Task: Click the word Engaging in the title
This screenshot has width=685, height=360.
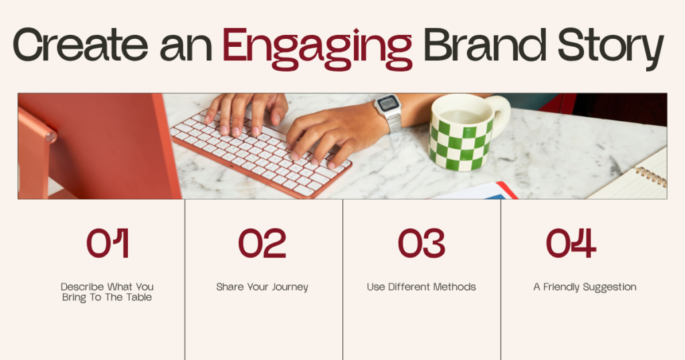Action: pyautogui.click(x=317, y=49)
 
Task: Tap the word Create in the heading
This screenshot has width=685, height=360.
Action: pyautogui.click(x=80, y=45)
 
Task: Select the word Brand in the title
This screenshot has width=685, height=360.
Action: pyautogui.click(x=485, y=44)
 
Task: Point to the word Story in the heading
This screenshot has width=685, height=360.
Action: pyautogui.click(x=611, y=48)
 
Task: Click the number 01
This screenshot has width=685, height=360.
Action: pyautogui.click(x=108, y=243)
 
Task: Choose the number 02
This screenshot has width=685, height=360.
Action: pyautogui.click(x=262, y=243)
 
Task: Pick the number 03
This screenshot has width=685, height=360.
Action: pyautogui.click(x=421, y=243)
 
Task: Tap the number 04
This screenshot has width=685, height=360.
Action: pyautogui.click(x=571, y=243)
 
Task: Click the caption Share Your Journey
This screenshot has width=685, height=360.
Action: pyautogui.click(x=262, y=288)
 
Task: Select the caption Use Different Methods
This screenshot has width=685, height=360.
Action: pyautogui.click(x=421, y=287)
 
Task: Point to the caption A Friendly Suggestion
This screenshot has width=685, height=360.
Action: pyautogui.click(x=585, y=288)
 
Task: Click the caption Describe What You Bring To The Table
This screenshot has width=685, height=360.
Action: pyautogui.click(x=107, y=292)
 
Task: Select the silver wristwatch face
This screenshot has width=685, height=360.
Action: pyautogui.click(x=387, y=104)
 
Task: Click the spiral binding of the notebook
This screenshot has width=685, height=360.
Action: pyautogui.click(x=650, y=176)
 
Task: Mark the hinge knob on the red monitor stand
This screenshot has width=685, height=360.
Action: pyautogui.click(x=51, y=137)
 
